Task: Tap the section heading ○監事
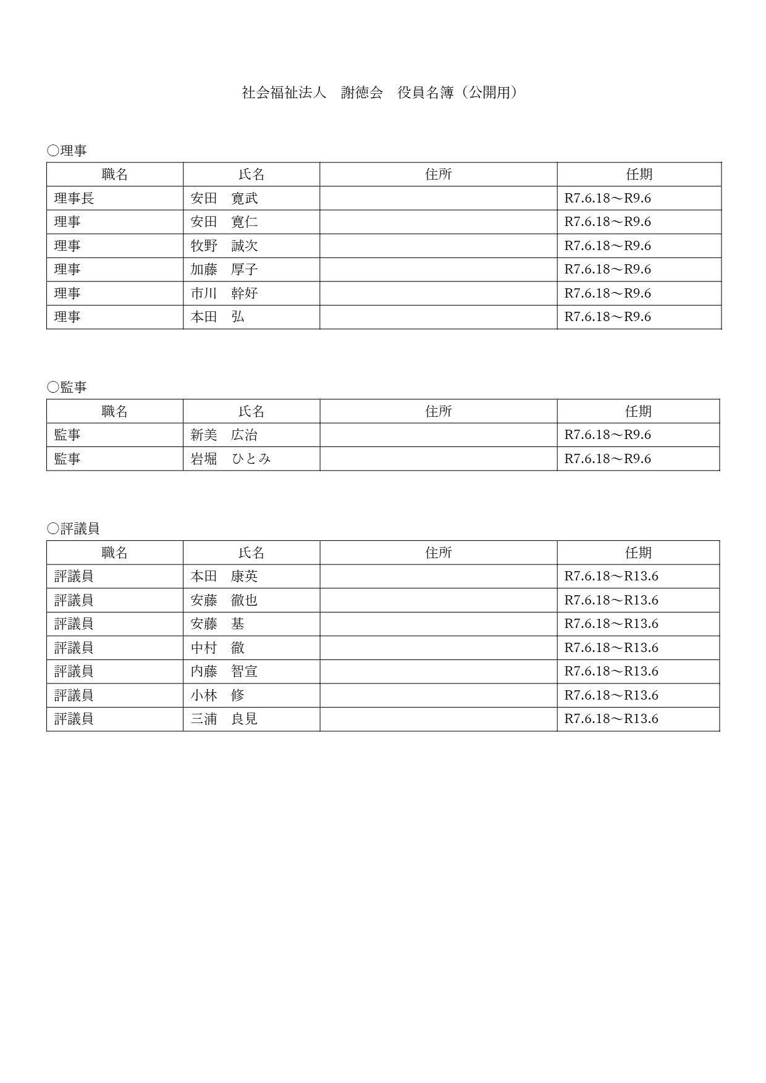point(67,387)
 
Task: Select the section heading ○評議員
point(73,529)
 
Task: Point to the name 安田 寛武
point(224,198)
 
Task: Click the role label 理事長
point(74,198)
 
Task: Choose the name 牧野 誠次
point(224,246)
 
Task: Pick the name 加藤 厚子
point(224,269)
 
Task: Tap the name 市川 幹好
point(224,293)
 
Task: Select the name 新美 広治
point(224,435)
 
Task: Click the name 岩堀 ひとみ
point(231,459)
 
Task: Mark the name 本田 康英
point(224,576)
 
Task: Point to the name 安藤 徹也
point(224,600)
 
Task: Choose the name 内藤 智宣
point(224,671)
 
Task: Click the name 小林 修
point(217,695)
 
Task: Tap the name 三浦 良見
point(224,719)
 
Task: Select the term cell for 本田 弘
point(608,317)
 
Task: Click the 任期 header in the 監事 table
point(638,411)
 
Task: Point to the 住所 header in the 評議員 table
point(439,553)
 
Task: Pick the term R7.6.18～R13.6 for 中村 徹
point(612,648)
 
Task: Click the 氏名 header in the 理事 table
point(251,175)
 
